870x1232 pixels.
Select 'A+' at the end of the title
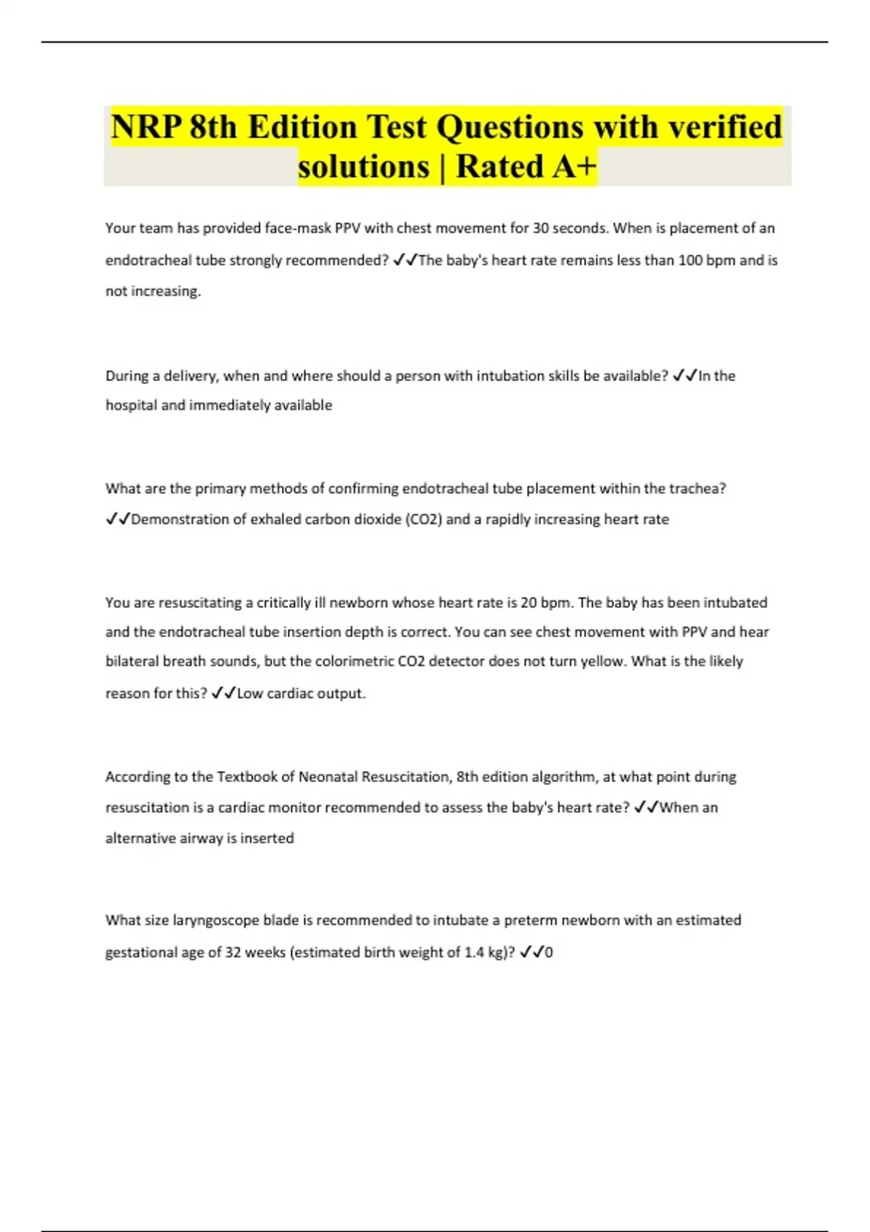[574, 167]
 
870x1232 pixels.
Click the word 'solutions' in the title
[363, 167]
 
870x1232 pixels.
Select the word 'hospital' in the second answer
[130, 405]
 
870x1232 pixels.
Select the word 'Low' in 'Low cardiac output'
[249, 694]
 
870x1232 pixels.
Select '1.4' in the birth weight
[473, 952]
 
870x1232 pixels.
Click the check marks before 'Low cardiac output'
[223, 694]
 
